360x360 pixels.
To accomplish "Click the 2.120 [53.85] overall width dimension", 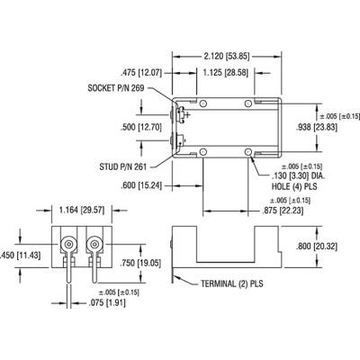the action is pyautogui.click(x=227, y=56).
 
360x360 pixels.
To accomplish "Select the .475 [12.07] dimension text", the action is pyautogui.click(x=141, y=73).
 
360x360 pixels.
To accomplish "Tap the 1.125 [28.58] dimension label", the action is pyautogui.click(x=226, y=73).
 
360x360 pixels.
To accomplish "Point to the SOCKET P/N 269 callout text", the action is pyautogui.click(x=116, y=88).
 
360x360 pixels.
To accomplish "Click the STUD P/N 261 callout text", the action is pyautogui.click(x=123, y=166).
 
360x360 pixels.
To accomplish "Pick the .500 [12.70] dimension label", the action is pyautogui.click(x=141, y=127).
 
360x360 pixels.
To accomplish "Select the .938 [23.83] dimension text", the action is pyautogui.click(x=317, y=128).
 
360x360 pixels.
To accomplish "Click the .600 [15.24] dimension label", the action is pyautogui.click(x=141, y=186).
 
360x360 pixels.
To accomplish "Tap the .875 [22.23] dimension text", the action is pyautogui.click(x=283, y=211).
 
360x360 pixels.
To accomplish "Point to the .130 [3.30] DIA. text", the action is pyautogui.click(x=299, y=176).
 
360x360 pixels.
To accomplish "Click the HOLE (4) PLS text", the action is pyautogui.click(x=294, y=186).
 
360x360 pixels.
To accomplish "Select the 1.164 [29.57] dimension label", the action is pyautogui.click(x=82, y=210).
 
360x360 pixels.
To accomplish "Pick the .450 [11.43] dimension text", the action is pyautogui.click(x=20, y=256).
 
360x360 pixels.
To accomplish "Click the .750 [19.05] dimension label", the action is pyautogui.click(x=140, y=263).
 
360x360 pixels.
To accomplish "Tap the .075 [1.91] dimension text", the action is pyautogui.click(x=107, y=303).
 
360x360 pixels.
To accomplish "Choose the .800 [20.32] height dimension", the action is pyautogui.click(x=317, y=247).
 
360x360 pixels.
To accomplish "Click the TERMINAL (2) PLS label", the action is pyautogui.click(x=232, y=283).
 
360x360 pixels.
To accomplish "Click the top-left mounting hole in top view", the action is pyautogui.click(x=203, y=103).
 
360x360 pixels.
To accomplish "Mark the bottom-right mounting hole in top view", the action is pyautogui.click(x=248, y=151).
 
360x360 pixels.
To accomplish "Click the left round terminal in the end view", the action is pyautogui.click(x=69, y=244).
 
